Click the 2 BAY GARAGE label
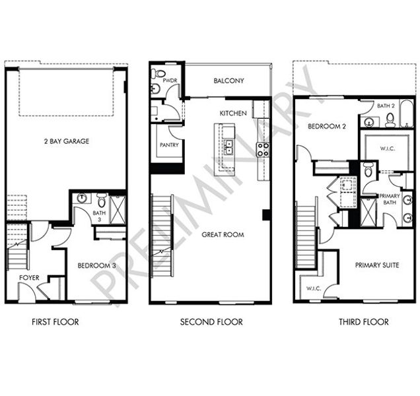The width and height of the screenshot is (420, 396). pyautogui.click(x=67, y=141)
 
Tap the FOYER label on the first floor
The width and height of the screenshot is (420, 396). pyautogui.click(x=29, y=278)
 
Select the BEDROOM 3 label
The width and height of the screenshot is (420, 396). pyautogui.click(x=97, y=265)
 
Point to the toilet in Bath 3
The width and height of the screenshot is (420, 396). pyautogui.click(x=102, y=200)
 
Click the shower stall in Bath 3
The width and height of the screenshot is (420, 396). pyautogui.click(x=118, y=210)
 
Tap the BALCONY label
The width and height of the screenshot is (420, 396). pyautogui.click(x=228, y=81)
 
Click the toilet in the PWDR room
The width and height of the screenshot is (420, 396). pyautogui.click(x=158, y=73)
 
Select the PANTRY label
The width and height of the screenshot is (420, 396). pyautogui.click(x=169, y=145)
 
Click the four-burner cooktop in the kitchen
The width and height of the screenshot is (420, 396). pyautogui.click(x=263, y=150)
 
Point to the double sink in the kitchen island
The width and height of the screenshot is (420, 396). pyautogui.click(x=228, y=147)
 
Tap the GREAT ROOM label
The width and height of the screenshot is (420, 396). pyautogui.click(x=223, y=235)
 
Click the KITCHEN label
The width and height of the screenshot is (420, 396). pyautogui.click(x=233, y=114)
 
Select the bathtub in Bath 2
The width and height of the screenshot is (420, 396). pyautogui.click(x=407, y=114)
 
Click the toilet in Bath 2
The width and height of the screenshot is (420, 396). pyautogui.click(x=390, y=119)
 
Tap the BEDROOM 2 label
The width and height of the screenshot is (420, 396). pyautogui.click(x=327, y=126)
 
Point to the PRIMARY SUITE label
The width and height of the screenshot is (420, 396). pyautogui.click(x=377, y=265)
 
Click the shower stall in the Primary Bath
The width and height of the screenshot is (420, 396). pyautogui.click(x=368, y=212)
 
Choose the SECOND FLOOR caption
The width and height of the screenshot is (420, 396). pyautogui.click(x=211, y=321)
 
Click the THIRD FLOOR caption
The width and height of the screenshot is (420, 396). pyautogui.click(x=364, y=321)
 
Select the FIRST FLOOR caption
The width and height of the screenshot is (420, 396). pyautogui.click(x=55, y=321)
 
